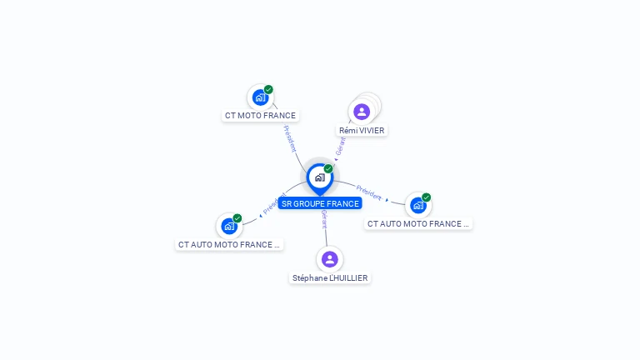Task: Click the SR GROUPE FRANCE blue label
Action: click(x=320, y=203)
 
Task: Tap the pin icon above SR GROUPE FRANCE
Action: click(x=319, y=177)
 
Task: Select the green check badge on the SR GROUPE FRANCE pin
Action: click(x=328, y=169)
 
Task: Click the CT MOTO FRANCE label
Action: click(x=260, y=116)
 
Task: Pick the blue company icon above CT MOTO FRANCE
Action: click(x=260, y=97)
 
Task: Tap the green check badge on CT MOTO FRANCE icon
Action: click(x=268, y=89)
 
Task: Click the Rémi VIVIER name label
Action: click(x=362, y=131)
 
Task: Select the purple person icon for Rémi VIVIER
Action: click(x=361, y=112)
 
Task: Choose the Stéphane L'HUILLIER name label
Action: click(x=330, y=277)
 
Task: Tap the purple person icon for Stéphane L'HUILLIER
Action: click(x=330, y=259)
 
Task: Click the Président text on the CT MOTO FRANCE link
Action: click(x=290, y=138)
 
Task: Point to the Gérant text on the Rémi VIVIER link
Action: click(x=340, y=147)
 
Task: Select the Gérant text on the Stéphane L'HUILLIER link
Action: click(x=324, y=220)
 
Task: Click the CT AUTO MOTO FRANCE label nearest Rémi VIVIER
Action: click(x=418, y=223)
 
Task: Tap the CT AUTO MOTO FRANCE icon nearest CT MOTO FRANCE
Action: click(x=229, y=226)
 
